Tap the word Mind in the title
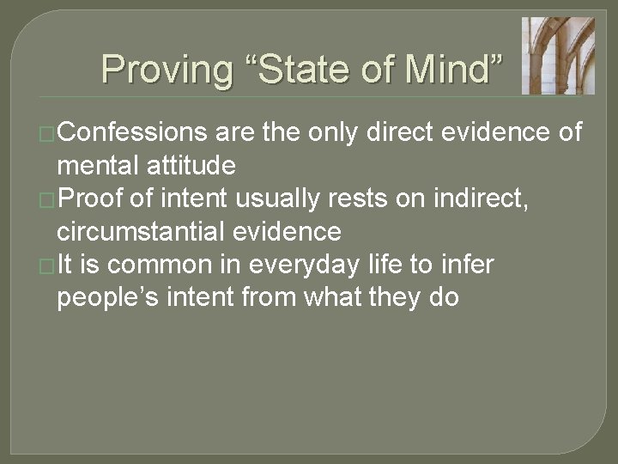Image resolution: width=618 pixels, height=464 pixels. (450, 69)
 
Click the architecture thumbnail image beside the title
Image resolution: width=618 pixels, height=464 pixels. (558, 55)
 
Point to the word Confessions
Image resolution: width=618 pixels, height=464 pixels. (133, 132)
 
